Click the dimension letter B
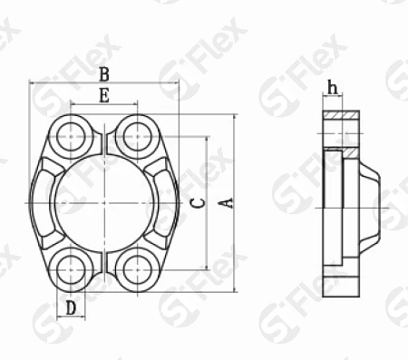tap(104, 74)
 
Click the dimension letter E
tap(104, 96)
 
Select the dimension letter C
tap(199, 203)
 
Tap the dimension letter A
tap(227, 203)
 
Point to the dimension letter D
tap(71, 308)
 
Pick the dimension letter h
tap(333, 88)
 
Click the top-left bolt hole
tap(71, 137)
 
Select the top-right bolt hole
tap(138, 137)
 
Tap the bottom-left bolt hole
tap(71, 269)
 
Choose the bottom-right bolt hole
tap(138, 269)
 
